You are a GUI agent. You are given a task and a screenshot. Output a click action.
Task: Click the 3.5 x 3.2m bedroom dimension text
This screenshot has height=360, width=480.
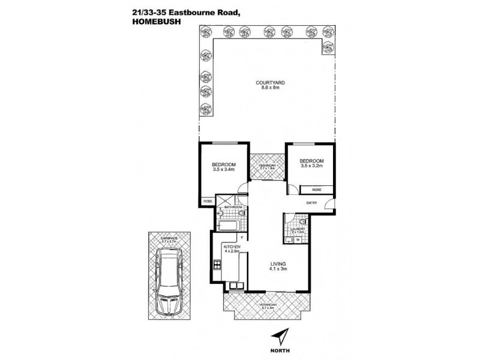click(x=311, y=166)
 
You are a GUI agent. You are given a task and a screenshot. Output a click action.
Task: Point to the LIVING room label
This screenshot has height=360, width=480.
click(x=278, y=265)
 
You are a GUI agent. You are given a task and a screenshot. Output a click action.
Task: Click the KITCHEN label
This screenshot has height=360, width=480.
click(x=232, y=247)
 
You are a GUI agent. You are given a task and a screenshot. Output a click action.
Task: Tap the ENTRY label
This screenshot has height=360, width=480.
click(x=311, y=203)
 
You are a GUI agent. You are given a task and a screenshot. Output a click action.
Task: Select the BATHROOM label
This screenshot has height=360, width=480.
click(x=233, y=207)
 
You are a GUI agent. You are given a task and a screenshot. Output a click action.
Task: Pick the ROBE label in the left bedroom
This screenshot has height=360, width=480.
click(x=207, y=202)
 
